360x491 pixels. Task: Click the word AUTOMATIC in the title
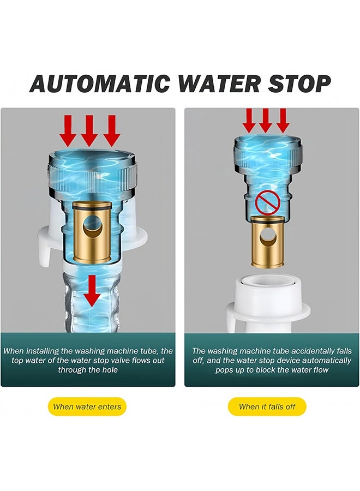click(x=100, y=84)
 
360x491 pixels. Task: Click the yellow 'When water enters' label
click(x=87, y=407)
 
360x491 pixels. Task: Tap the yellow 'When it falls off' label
click(x=267, y=407)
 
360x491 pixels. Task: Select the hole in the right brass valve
click(x=267, y=237)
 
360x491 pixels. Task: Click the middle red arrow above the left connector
click(x=89, y=131)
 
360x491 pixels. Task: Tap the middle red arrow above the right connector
click(x=266, y=120)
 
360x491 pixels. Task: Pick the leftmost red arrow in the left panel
click(x=68, y=131)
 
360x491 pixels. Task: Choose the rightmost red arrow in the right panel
click(x=283, y=120)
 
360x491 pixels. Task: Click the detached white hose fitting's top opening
click(x=267, y=281)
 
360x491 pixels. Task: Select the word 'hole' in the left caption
click(x=110, y=370)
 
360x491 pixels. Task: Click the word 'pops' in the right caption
click(x=224, y=370)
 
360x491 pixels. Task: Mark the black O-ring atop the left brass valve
click(x=92, y=207)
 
